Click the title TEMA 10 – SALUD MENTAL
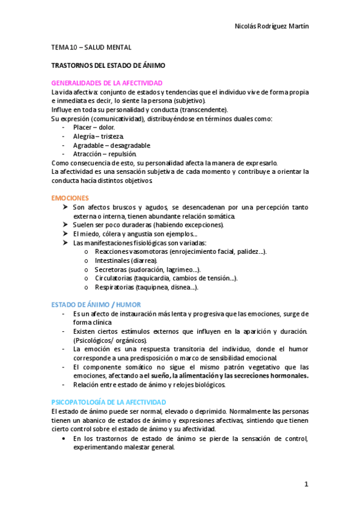[x=91, y=47]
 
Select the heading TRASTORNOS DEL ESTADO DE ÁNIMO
[x=108, y=65]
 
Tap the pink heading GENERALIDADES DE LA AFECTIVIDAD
[x=107, y=83]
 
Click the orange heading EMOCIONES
[x=70, y=198]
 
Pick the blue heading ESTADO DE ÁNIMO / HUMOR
[x=96, y=305]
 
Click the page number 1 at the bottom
[x=306, y=484]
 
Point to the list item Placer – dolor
[x=94, y=127]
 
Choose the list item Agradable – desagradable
[x=111, y=146]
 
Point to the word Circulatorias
[x=114, y=278]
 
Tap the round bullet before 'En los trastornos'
[x=64, y=438]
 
